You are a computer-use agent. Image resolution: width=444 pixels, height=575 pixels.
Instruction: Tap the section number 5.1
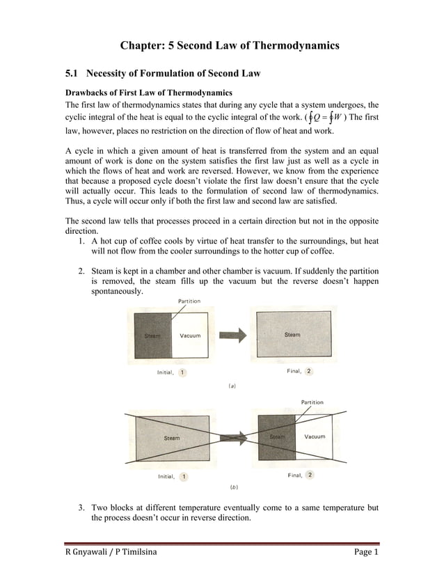click(x=72, y=73)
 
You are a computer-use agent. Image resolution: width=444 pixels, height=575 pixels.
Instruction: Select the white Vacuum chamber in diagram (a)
click(x=189, y=335)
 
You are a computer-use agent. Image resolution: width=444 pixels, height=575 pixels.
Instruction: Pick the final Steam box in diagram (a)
click(x=292, y=335)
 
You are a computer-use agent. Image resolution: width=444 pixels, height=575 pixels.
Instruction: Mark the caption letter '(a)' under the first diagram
click(x=230, y=384)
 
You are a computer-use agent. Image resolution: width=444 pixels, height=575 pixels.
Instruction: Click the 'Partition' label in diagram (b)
click(x=312, y=402)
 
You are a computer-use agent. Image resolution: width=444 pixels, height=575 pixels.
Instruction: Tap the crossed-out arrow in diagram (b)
click(x=233, y=437)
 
